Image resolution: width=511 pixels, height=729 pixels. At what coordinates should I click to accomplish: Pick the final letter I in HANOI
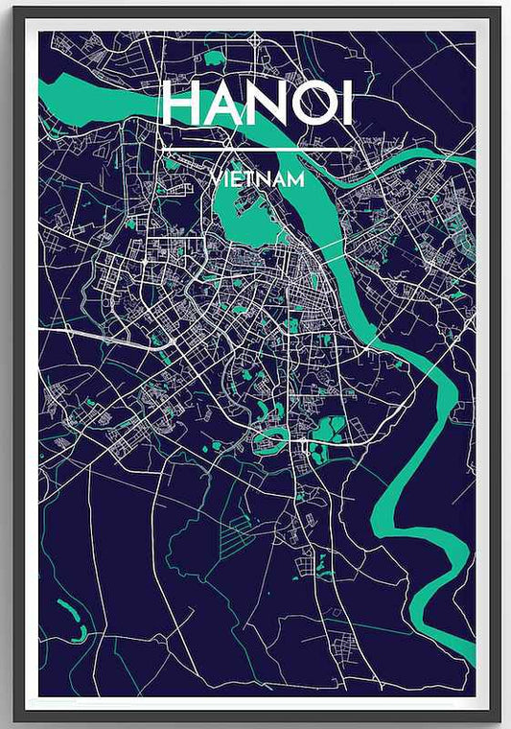click(x=347, y=104)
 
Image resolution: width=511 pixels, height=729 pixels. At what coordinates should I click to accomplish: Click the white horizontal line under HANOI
click(x=256, y=151)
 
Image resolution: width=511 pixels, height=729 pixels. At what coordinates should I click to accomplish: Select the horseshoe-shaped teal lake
click(x=271, y=439)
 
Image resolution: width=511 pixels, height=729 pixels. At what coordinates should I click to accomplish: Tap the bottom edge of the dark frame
click(x=255, y=718)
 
